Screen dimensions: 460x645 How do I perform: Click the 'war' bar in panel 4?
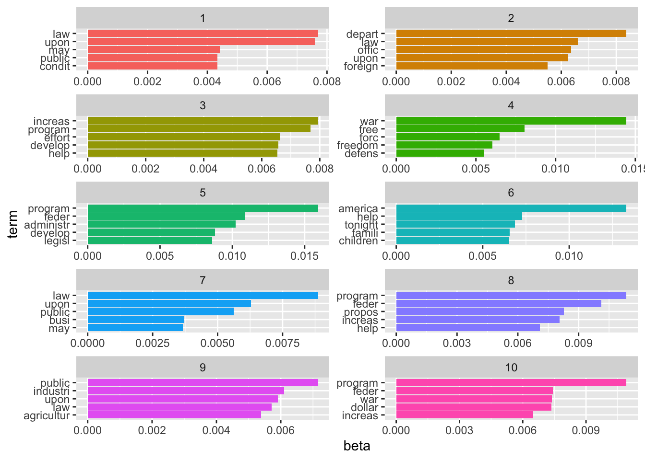511,121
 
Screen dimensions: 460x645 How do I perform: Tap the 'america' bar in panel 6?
511,208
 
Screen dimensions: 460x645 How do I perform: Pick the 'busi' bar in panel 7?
136,320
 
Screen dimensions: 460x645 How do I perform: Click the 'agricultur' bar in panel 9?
174,415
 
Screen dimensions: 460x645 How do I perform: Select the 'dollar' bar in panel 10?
474,407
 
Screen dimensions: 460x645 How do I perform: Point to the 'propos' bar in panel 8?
480,311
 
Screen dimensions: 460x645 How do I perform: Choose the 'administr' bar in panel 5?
161,224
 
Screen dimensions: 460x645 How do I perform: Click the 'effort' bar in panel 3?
183,137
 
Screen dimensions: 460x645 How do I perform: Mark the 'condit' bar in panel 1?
153,66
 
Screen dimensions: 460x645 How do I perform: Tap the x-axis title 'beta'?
357,447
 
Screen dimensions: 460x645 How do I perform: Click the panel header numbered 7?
203,280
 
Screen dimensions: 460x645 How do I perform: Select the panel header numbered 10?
511,368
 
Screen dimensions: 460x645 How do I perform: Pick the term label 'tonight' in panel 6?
361,225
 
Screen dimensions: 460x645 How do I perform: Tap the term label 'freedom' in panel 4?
358,146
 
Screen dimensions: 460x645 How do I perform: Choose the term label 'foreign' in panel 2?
361,67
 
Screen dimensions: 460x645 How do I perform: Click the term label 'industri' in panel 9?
51,391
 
